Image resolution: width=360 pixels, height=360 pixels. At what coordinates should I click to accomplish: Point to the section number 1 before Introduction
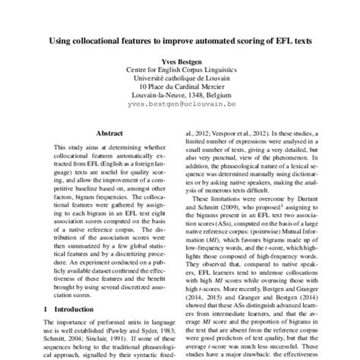46,310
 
